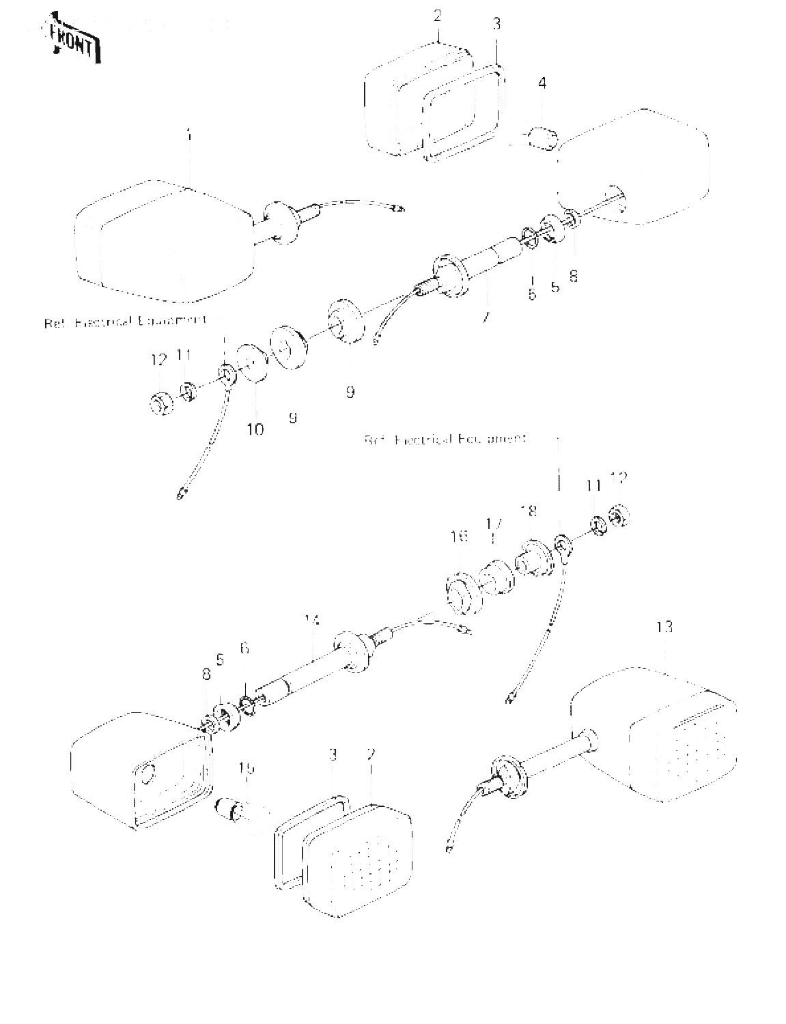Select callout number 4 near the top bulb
[542, 84]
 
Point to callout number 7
[484, 317]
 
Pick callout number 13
[664, 626]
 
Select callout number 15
[247, 769]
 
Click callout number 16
[460, 536]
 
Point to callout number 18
[529, 511]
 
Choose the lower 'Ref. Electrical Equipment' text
[445, 440]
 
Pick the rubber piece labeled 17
[496, 578]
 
